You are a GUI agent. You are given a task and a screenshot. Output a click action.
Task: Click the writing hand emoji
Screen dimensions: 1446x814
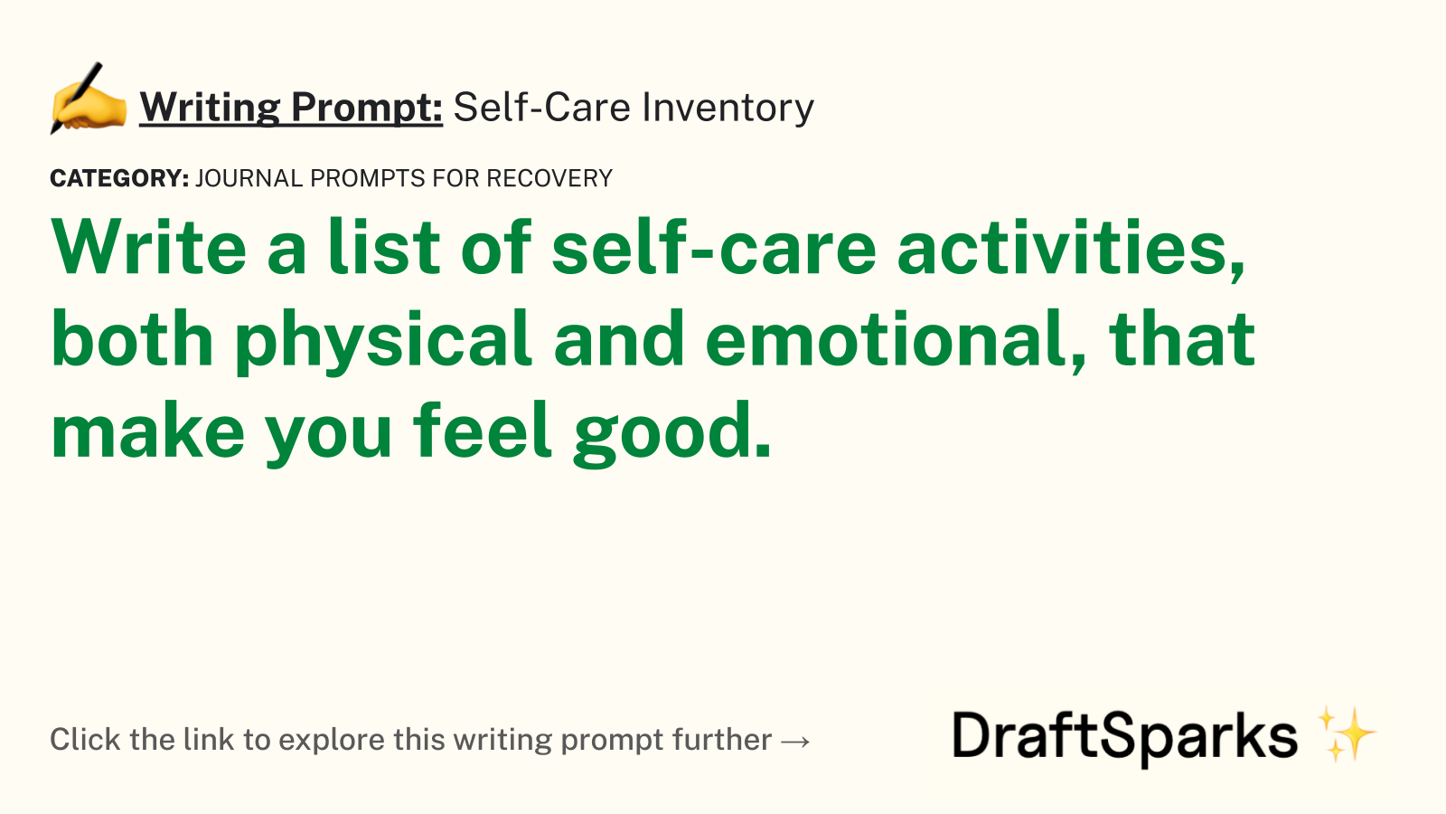[88, 99]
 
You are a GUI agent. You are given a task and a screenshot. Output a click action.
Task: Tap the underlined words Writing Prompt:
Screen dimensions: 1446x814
[291, 108]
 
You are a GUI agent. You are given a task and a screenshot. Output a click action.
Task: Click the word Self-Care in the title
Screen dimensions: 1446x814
[541, 107]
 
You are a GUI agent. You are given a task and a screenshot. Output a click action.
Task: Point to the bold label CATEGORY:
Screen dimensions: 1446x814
[119, 178]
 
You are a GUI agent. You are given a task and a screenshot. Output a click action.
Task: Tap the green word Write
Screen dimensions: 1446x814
[149, 247]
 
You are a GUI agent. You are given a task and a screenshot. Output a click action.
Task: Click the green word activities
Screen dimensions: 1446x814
[1071, 249]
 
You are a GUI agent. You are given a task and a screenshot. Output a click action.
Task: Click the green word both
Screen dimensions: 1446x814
[132, 338]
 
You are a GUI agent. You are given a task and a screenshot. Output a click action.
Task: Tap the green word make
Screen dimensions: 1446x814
[148, 431]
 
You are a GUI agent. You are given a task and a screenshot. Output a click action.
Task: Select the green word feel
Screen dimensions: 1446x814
[483, 429]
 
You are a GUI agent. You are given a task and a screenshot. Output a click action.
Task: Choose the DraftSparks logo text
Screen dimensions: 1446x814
[1124, 737]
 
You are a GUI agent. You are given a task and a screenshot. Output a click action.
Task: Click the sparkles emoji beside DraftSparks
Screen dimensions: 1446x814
[1346, 734]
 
